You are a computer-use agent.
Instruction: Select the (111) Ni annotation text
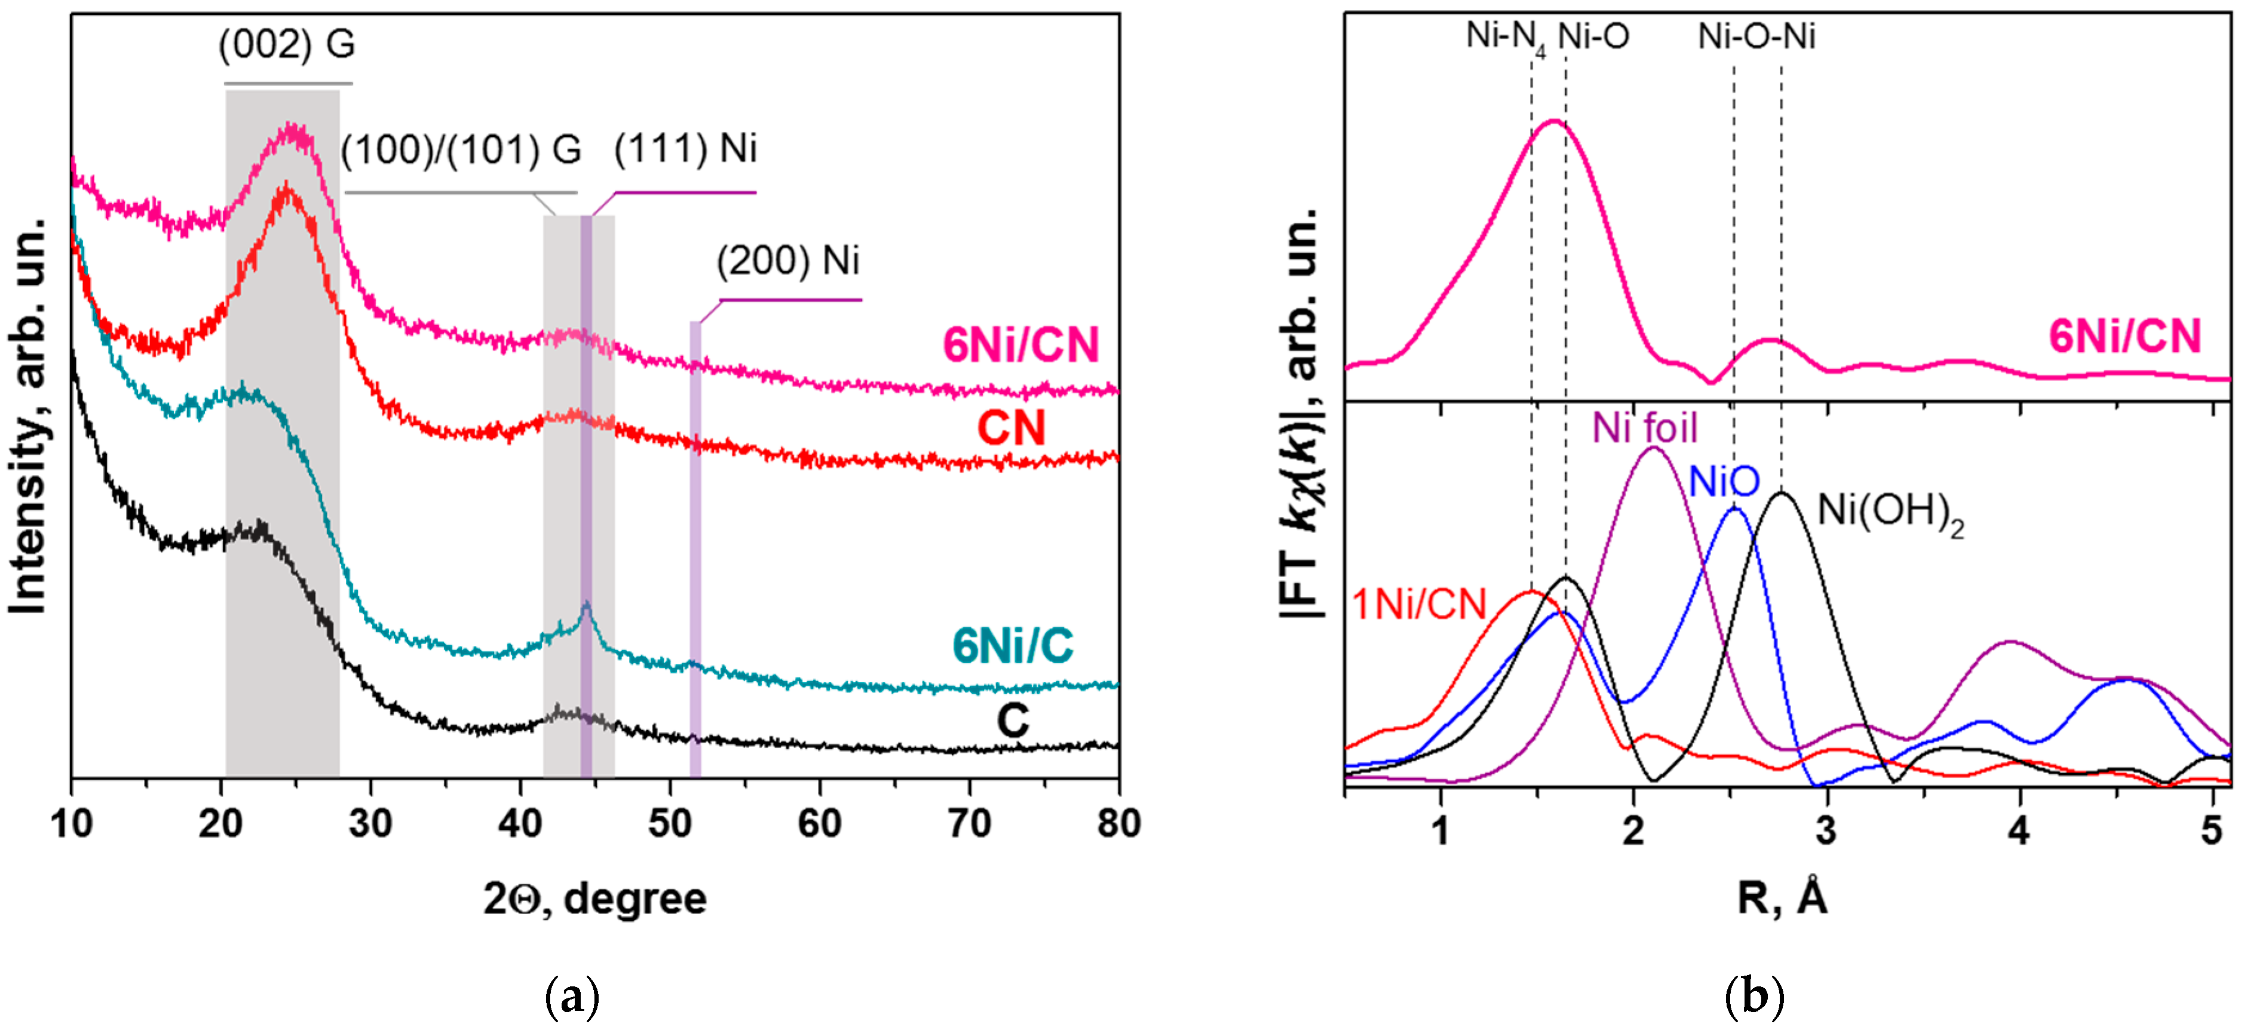(x=685, y=149)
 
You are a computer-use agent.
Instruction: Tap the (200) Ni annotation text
(x=787, y=261)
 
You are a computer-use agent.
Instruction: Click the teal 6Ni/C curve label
(x=1013, y=645)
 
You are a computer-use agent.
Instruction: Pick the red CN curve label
(x=1011, y=428)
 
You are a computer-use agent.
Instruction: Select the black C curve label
(x=1013, y=721)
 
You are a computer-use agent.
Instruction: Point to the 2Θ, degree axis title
(x=595, y=899)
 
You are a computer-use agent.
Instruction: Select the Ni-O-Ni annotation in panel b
(x=1756, y=36)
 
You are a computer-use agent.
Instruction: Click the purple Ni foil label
(x=1644, y=428)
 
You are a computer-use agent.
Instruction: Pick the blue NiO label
(x=1724, y=481)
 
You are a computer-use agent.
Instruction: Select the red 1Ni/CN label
(x=1419, y=605)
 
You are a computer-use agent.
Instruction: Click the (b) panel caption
(x=1754, y=997)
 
